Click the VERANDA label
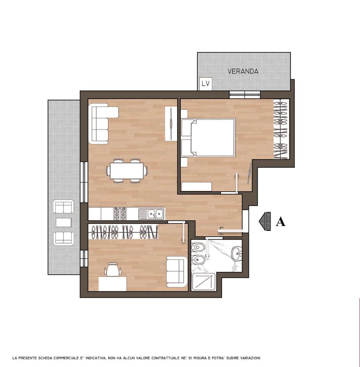(243, 71)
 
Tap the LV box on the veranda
(206, 84)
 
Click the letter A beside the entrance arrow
(280, 222)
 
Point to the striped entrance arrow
(265, 221)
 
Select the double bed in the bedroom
(208, 137)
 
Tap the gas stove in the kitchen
(120, 214)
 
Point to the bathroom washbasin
(237, 253)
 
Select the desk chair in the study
(113, 270)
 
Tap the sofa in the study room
(177, 272)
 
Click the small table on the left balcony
(63, 222)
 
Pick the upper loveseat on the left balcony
(63, 206)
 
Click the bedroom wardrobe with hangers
(281, 129)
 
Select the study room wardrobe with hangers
(123, 232)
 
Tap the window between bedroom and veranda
(245, 95)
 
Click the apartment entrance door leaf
(230, 231)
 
